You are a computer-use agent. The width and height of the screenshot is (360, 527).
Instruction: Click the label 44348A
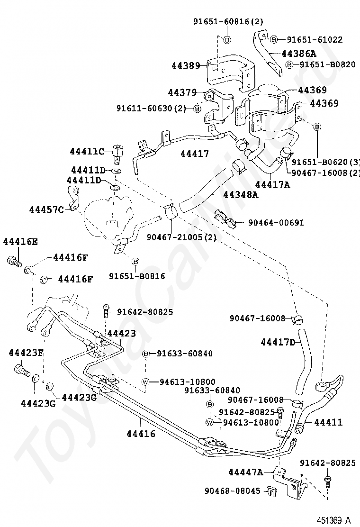240,194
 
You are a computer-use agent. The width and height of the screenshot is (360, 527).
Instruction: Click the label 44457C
46,209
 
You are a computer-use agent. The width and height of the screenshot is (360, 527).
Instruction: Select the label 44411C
87,151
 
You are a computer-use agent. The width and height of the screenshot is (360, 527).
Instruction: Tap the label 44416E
20,241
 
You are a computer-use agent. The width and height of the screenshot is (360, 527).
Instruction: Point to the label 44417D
278,342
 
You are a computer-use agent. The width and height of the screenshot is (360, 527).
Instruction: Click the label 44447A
245,472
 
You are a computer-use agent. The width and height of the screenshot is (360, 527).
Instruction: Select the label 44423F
26,353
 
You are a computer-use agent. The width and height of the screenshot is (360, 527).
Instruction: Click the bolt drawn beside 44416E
15,260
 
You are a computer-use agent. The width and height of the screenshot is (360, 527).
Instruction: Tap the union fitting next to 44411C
117,153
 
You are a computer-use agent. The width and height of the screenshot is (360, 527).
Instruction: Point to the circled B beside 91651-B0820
289,64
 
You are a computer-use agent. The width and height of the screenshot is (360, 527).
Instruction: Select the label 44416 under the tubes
141,433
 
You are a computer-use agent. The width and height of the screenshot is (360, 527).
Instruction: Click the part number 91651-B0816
137,276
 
